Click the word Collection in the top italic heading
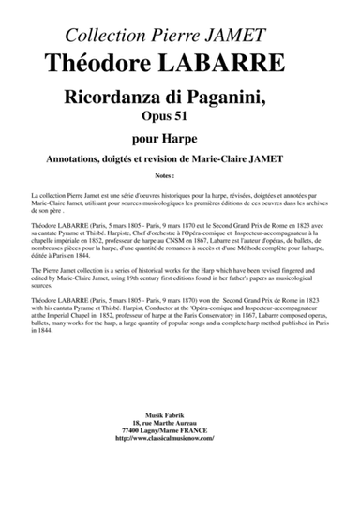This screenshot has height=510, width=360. point(104,36)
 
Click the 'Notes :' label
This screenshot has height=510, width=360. point(179,174)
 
